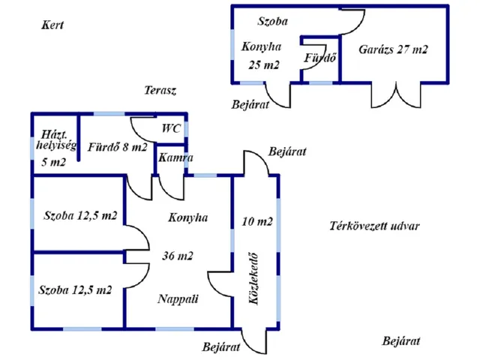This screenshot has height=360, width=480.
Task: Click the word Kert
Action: (x=52, y=25)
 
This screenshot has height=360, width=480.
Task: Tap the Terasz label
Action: (x=160, y=90)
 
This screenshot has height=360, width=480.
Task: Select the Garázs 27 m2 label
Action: (x=394, y=49)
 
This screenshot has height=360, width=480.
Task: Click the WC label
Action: (x=171, y=127)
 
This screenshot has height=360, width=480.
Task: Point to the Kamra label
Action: (x=175, y=158)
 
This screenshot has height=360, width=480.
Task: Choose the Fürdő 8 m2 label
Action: (x=118, y=147)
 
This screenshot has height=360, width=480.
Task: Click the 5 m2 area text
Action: (x=52, y=161)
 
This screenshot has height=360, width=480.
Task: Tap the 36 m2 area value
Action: (x=178, y=255)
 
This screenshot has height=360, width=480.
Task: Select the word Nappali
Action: (x=178, y=298)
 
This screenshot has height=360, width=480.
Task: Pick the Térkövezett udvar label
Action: (x=374, y=226)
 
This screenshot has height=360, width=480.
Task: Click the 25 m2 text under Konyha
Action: (x=263, y=64)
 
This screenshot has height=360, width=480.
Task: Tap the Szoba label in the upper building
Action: (x=272, y=21)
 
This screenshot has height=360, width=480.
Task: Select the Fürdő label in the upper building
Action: (x=319, y=58)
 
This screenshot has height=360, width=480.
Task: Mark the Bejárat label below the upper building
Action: (x=250, y=103)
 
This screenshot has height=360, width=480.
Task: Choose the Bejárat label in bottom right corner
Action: (x=401, y=341)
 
